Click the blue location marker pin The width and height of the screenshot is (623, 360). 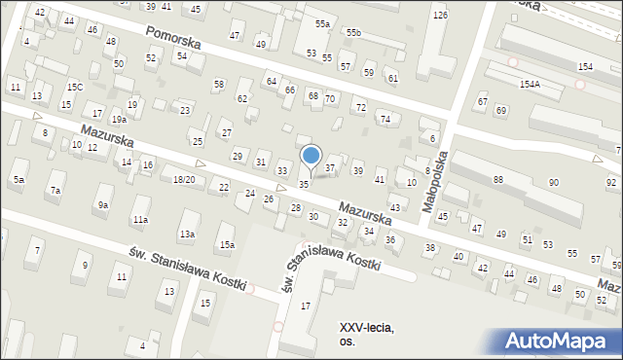click(x=311, y=156)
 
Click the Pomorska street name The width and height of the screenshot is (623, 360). click(x=172, y=42)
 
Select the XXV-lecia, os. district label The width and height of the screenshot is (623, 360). click(x=367, y=334)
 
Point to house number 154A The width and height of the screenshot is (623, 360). click(x=530, y=85)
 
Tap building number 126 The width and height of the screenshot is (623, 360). click(x=440, y=16)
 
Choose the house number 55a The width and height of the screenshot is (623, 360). click(x=322, y=23)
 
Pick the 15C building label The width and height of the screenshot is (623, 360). click(x=75, y=89)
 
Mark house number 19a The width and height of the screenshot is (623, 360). click(x=118, y=119)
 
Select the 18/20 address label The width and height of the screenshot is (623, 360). click(x=183, y=180)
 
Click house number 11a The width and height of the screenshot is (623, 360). click(x=140, y=220)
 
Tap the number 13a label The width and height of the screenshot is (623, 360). click(x=187, y=234)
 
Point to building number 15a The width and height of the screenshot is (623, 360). click(x=227, y=244)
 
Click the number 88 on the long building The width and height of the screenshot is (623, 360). click(x=498, y=180)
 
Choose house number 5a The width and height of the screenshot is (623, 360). click(x=18, y=180)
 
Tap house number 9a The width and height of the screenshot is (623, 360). click(x=102, y=204)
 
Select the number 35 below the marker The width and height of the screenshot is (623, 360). click(x=304, y=184)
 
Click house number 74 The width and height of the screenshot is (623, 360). click(x=385, y=119)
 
